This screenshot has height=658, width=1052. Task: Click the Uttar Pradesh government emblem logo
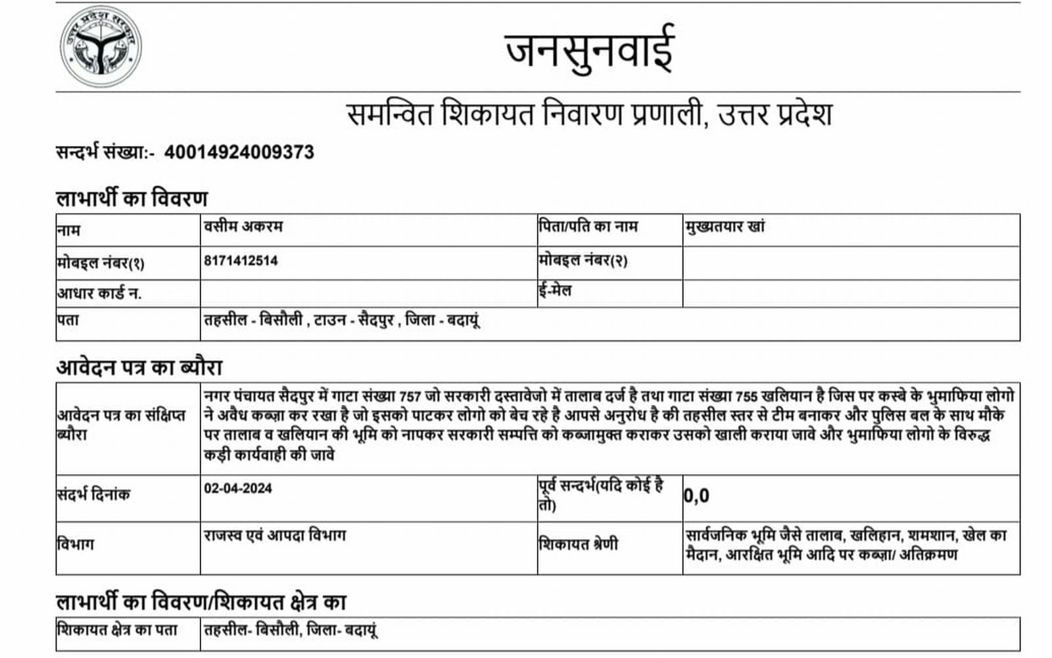coord(101,47)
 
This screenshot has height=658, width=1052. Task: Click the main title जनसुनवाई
coord(590,49)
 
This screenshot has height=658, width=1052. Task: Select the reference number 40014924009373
coord(239,153)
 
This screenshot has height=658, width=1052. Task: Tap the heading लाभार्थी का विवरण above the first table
coord(132,198)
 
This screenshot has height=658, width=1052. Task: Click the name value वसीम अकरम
coord(243,227)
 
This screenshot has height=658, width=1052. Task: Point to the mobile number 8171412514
coord(241,261)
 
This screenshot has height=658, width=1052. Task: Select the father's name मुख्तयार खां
coord(725,227)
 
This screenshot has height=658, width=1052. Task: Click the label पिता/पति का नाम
coord(588,227)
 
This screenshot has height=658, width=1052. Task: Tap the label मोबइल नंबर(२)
coord(583,261)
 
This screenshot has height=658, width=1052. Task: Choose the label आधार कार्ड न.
coord(99,293)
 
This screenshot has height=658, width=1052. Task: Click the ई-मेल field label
coord(554,290)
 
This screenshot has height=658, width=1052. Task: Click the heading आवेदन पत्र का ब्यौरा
coord(139,367)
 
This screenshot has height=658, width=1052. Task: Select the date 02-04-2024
coord(238,488)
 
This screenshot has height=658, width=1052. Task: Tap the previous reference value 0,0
coord(696,496)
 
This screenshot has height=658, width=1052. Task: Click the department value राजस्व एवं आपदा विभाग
coord(275,535)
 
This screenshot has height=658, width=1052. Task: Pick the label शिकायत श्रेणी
coord(578,544)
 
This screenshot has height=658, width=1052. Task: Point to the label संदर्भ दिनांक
coord(93,494)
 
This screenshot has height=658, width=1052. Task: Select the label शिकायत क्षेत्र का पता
coord(117,630)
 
